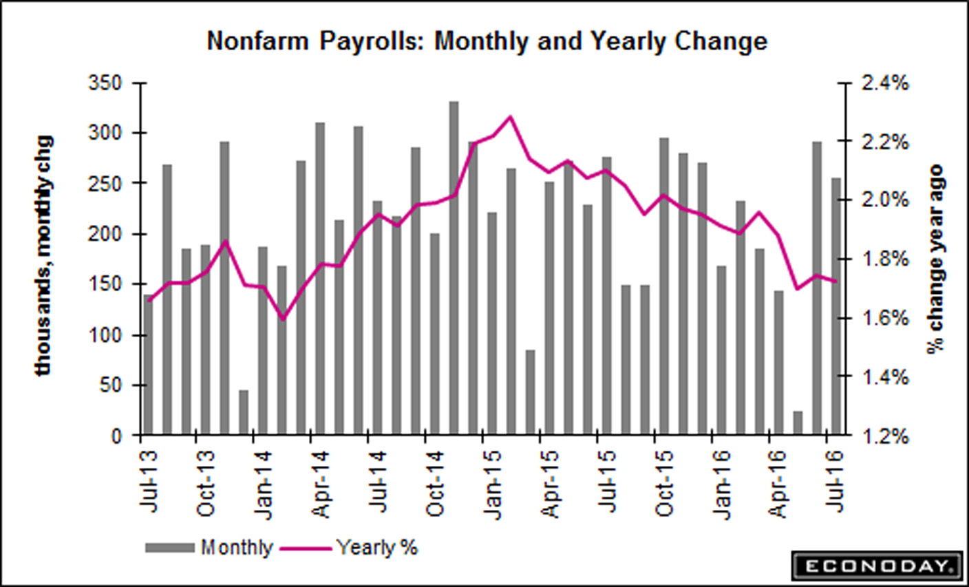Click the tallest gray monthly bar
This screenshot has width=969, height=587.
454,268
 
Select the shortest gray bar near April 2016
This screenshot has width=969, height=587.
798,423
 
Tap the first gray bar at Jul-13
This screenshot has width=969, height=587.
148,365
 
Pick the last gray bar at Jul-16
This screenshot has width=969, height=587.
835,306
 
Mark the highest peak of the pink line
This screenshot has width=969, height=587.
510,117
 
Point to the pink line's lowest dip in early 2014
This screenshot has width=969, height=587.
283,319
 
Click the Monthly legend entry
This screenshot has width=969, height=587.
236,548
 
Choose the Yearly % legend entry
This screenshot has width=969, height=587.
376,548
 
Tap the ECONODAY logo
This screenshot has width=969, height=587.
875,566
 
